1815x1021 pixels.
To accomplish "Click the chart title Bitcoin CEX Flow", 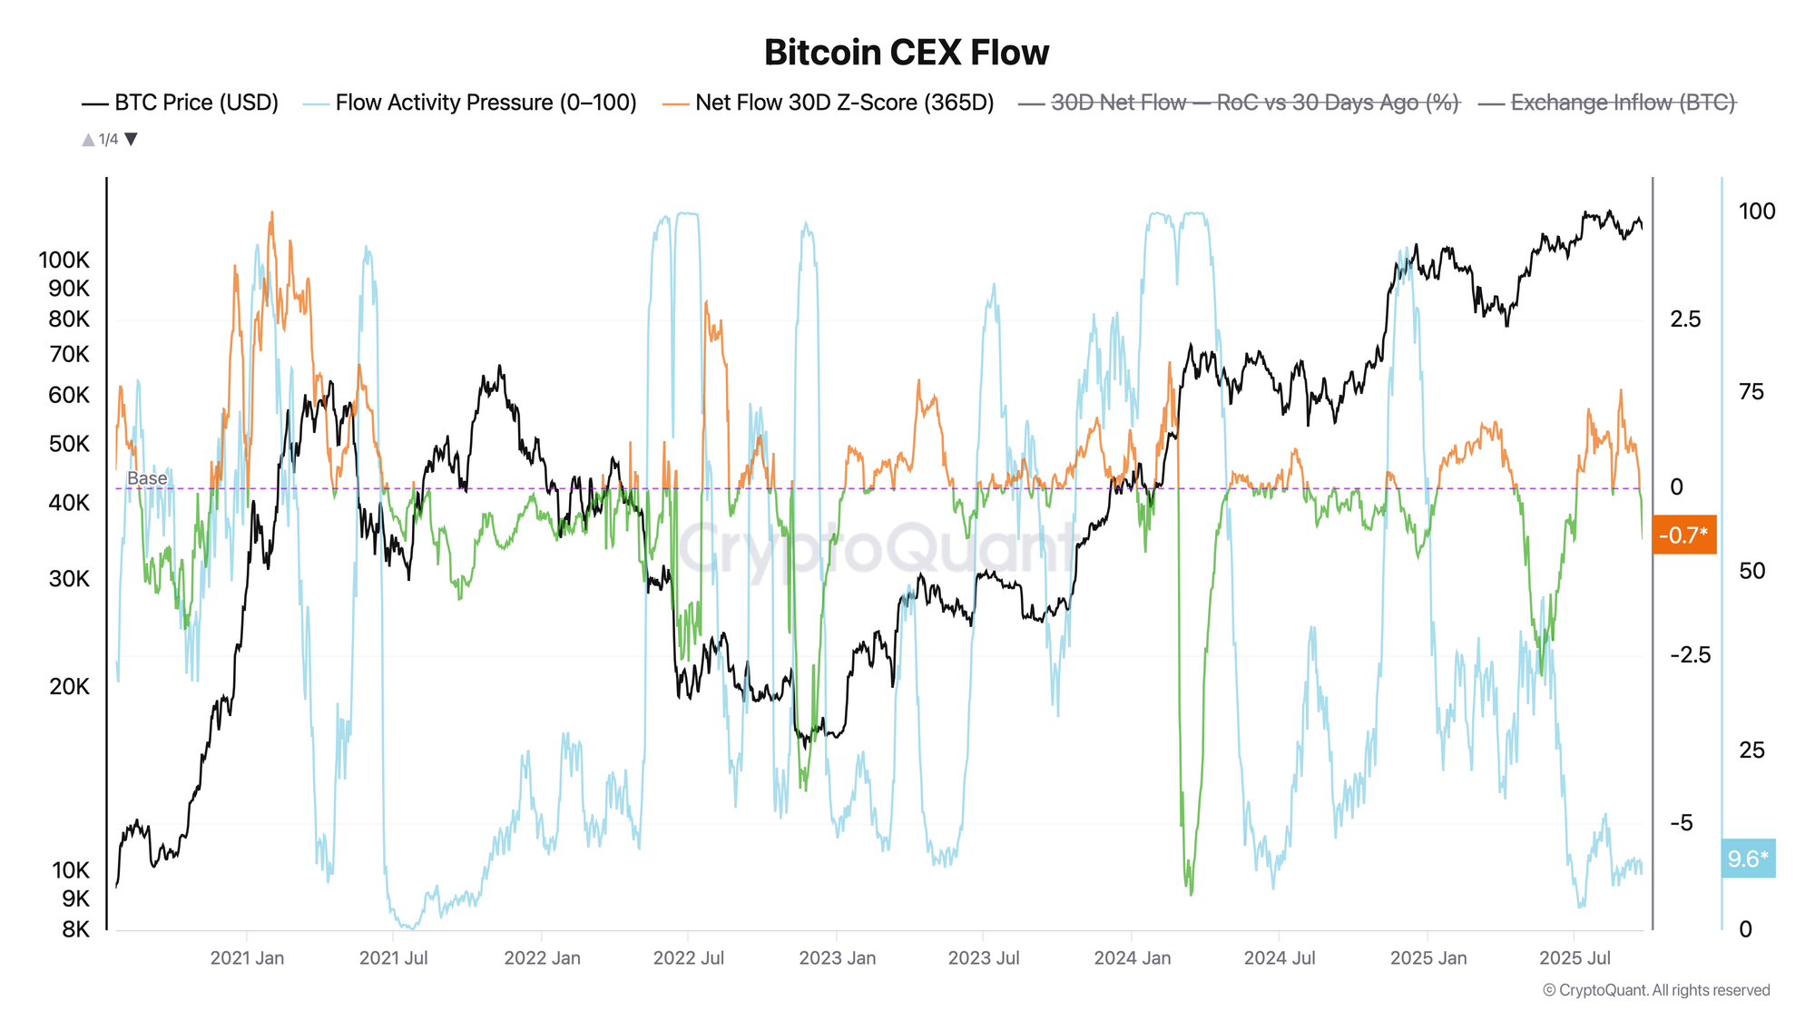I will click(906, 53).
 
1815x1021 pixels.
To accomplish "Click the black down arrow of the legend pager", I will click(131, 139).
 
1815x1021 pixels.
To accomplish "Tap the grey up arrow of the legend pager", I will click(88, 139).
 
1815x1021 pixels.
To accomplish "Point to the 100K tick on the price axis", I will click(64, 260).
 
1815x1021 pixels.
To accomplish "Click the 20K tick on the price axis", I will click(69, 686).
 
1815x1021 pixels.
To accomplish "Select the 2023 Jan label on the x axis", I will click(837, 957).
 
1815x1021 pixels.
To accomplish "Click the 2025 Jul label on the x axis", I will click(1575, 957).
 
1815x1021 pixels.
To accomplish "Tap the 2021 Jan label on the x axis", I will click(247, 957).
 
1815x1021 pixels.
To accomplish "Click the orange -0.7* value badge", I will click(1683, 535).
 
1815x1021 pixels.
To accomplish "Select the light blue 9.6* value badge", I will click(1747, 859).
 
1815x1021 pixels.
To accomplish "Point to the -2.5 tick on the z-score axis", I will click(1689, 655).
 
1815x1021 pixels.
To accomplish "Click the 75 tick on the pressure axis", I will click(1751, 392).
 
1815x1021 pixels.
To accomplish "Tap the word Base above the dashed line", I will click(147, 478).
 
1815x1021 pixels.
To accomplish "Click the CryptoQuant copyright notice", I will click(1656, 990).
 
